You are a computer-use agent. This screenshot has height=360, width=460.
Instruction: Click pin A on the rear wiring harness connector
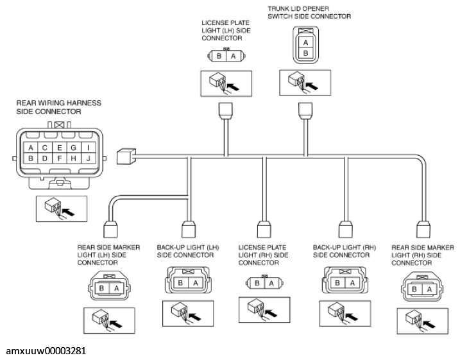[x=31, y=148]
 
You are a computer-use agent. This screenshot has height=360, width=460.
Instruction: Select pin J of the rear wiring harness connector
[x=89, y=159]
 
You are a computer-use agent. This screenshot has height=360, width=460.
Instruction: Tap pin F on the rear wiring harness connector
[x=60, y=159]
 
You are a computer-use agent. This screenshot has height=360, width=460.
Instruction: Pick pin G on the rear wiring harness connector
[x=74, y=148]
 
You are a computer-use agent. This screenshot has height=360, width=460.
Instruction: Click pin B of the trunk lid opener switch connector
[x=305, y=53]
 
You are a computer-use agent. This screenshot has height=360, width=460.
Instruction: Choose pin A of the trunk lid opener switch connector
[x=305, y=42]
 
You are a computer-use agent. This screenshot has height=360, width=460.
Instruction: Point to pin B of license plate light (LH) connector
[x=219, y=56]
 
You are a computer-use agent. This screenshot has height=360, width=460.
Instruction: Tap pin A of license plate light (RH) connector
[x=271, y=283]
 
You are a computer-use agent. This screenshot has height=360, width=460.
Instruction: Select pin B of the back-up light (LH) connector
[x=180, y=283]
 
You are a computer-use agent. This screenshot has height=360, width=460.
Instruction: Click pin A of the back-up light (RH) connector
[x=352, y=283]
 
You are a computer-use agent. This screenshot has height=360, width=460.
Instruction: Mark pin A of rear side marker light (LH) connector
[x=117, y=288]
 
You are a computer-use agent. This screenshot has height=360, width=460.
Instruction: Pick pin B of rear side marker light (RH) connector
[x=414, y=289]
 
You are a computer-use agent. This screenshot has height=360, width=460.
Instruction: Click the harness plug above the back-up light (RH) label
[x=346, y=229]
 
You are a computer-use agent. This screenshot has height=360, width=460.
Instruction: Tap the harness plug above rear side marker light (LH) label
[x=110, y=229]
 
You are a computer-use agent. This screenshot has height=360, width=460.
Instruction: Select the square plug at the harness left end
[x=126, y=157]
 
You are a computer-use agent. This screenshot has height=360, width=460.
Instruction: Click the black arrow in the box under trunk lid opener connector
[x=312, y=86]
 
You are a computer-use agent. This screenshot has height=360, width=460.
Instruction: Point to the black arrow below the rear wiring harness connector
[x=69, y=212]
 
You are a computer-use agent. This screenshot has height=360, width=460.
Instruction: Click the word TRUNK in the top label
[x=278, y=9]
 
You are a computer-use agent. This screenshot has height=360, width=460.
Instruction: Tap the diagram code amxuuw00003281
[x=46, y=351]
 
